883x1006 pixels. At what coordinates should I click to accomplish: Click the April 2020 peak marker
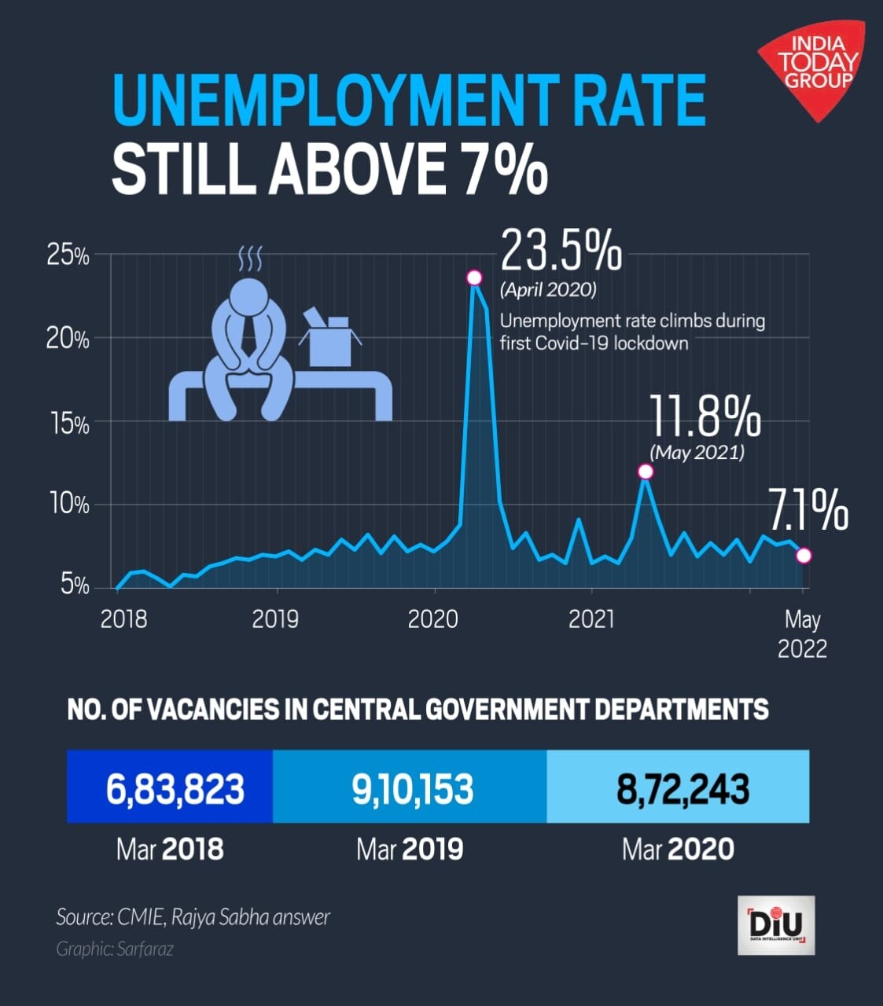[473, 277]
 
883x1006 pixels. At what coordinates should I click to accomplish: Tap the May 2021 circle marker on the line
[646, 472]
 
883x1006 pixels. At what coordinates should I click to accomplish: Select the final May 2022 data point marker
[803, 556]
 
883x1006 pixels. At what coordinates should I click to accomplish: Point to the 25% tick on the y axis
[68, 256]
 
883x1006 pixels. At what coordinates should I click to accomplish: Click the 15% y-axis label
[68, 424]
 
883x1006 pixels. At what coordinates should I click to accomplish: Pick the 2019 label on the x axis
[275, 619]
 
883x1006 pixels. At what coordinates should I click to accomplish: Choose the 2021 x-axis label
[591, 619]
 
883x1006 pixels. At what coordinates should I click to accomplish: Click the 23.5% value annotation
[561, 251]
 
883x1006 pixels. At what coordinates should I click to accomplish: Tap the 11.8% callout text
[705, 417]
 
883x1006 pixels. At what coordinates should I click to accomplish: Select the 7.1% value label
[808, 510]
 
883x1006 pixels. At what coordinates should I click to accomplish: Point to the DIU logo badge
[776, 925]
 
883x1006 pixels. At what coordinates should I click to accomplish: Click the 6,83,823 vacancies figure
[175, 788]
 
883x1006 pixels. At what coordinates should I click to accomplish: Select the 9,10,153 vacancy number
[413, 788]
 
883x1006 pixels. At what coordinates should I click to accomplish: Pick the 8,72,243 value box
[682, 788]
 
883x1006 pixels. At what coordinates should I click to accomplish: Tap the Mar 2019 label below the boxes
[410, 849]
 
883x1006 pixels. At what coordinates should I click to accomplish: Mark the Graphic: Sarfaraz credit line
[115, 949]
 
